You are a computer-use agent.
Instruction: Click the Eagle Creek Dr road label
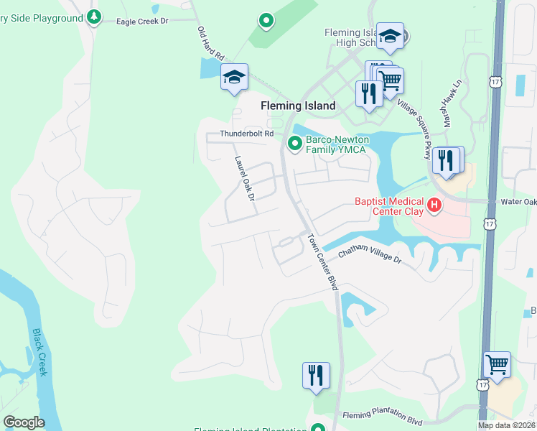[x=142, y=22]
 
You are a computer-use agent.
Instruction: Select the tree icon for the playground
[x=93, y=17]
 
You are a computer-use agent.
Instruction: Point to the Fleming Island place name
[x=298, y=106]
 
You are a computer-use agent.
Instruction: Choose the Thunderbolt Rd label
[x=247, y=134]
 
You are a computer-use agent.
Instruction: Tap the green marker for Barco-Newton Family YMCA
[x=294, y=144]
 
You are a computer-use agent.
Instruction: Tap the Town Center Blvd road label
[x=323, y=261]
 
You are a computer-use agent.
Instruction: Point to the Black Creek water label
[x=39, y=352]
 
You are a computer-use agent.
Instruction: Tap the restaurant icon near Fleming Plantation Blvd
[x=316, y=375]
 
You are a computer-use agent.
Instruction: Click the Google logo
[x=24, y=422]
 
